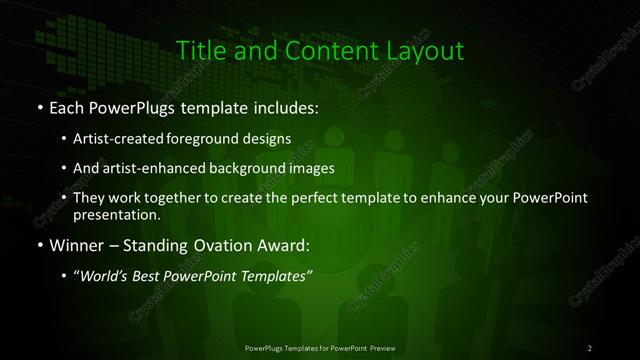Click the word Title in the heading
point(197,49)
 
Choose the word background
point(265,168)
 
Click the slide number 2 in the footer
point(590,347)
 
